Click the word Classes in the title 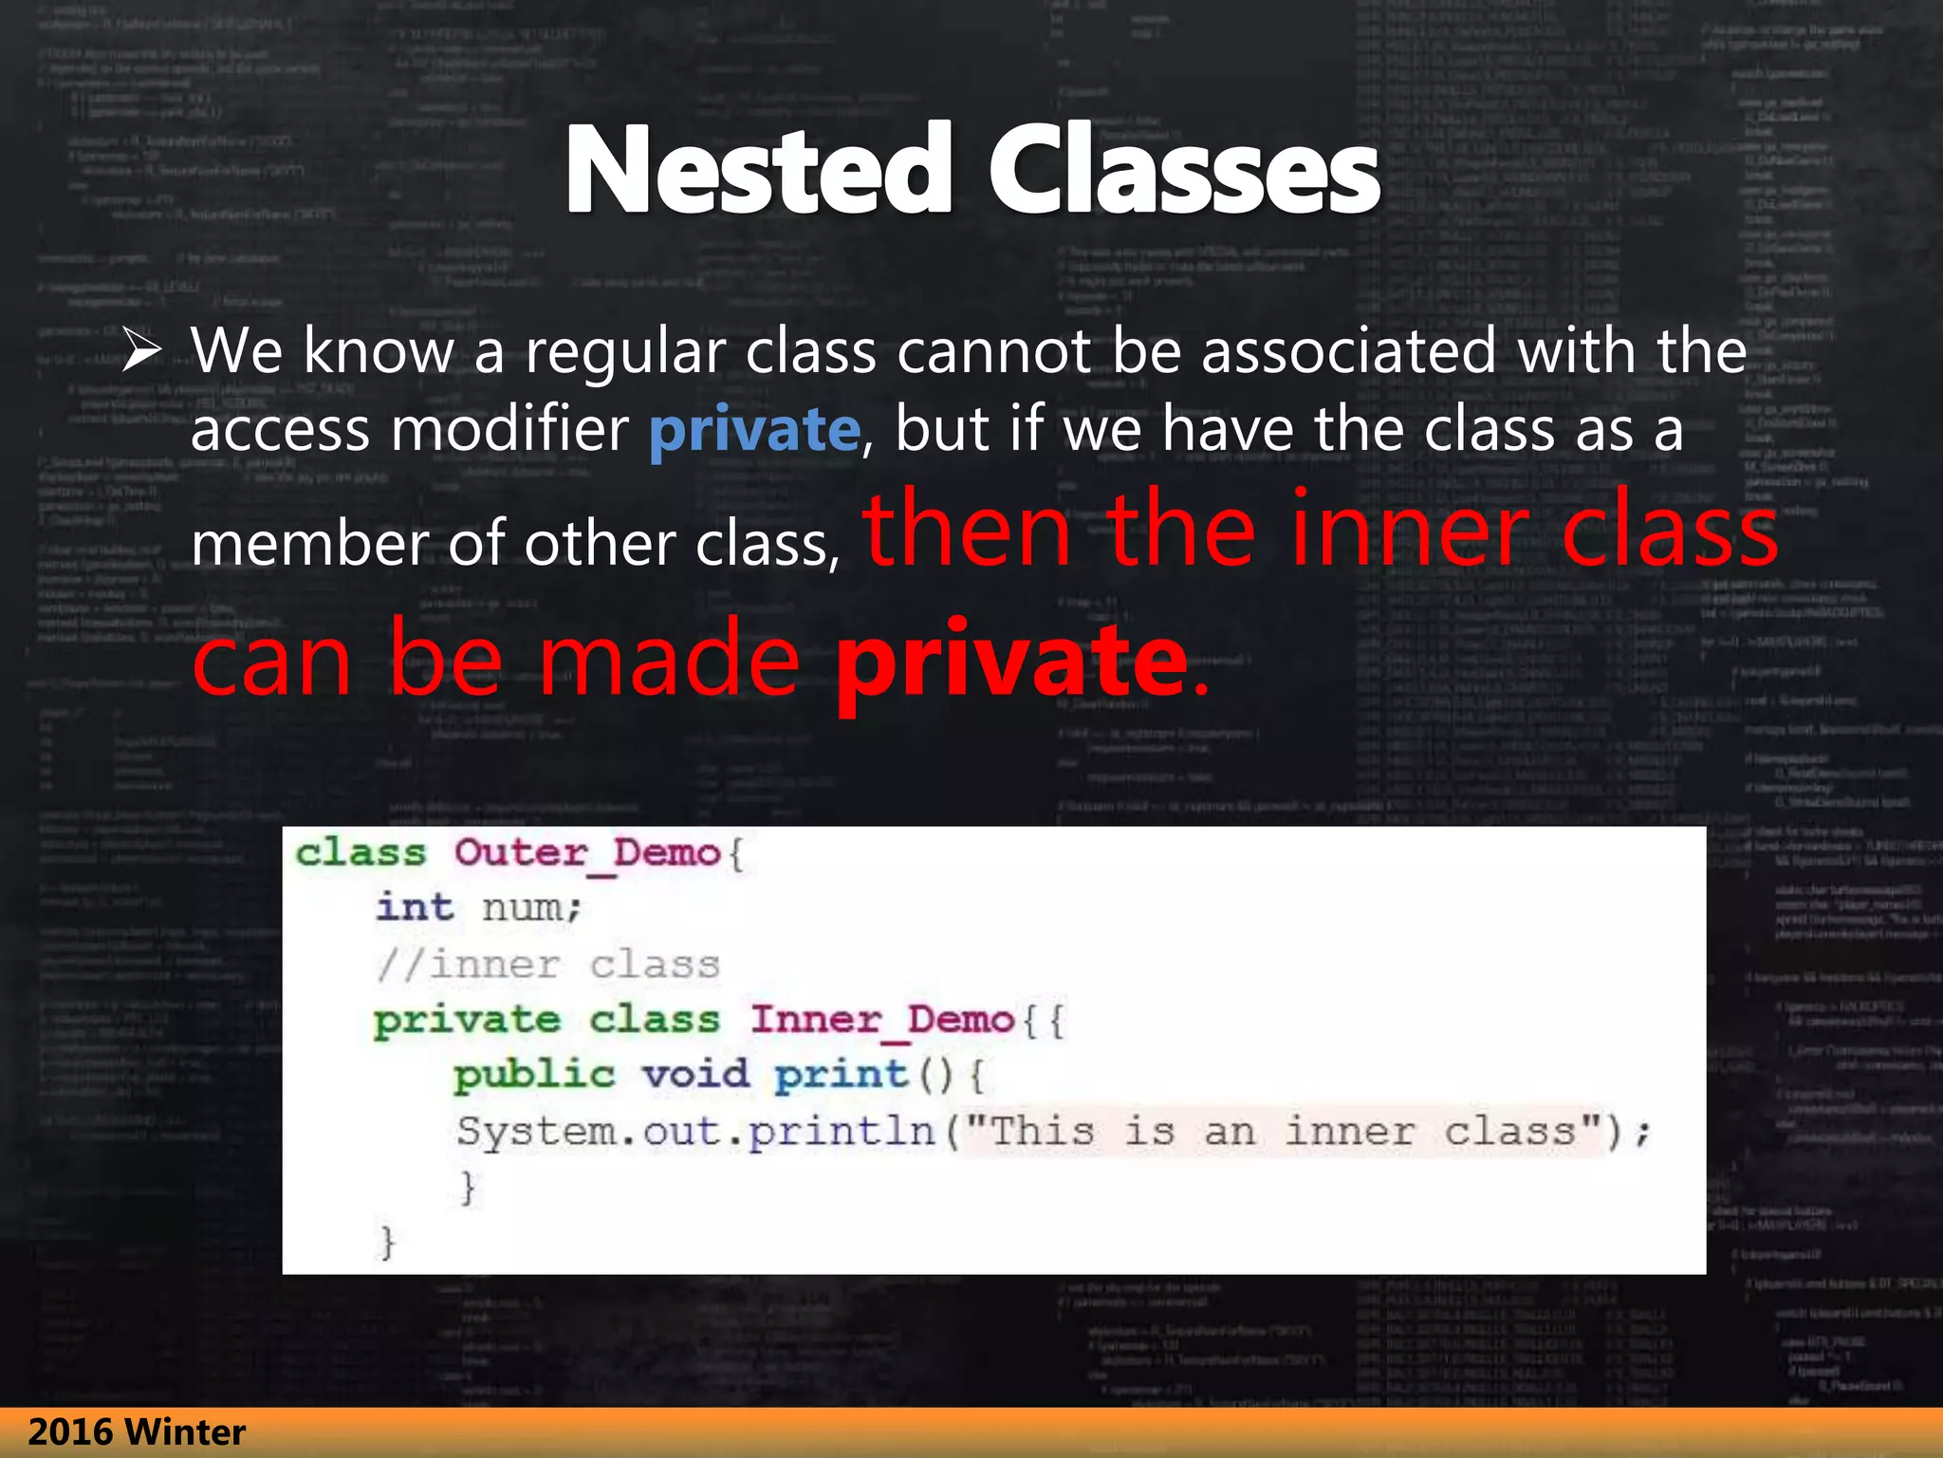(1183, 171)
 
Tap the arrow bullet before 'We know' (141, 351)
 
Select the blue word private (754, 430)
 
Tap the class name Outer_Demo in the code (587, 853)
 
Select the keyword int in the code (415, 907)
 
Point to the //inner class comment (548, 965)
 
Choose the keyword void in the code (695, 1075)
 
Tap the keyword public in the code (535, 1076)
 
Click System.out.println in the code (696, 1132)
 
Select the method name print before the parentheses (841, 1075)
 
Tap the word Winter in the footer (185, 1432)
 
